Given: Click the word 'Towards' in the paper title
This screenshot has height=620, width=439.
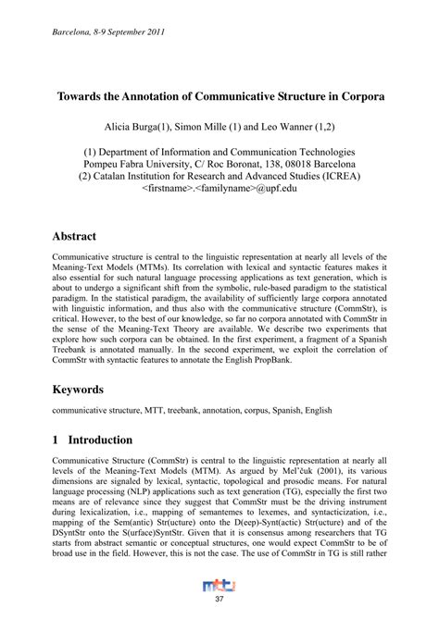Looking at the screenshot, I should pyautogui.click(x=84, y=96).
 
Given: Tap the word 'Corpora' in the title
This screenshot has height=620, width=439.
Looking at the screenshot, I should pyautogui.click(x=357, y=96).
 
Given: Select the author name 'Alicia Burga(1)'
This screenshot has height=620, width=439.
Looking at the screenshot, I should pyautogui.click(x=151, y=123).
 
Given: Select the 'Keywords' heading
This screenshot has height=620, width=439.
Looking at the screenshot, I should pyautogui.click(x=80, y=391).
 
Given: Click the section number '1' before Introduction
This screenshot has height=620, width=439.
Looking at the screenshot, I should pyautogui.click(x=56, y=440).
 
